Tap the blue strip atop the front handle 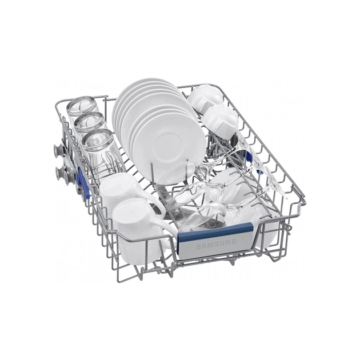215,231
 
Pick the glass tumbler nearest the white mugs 101,151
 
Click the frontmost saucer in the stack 169,147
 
